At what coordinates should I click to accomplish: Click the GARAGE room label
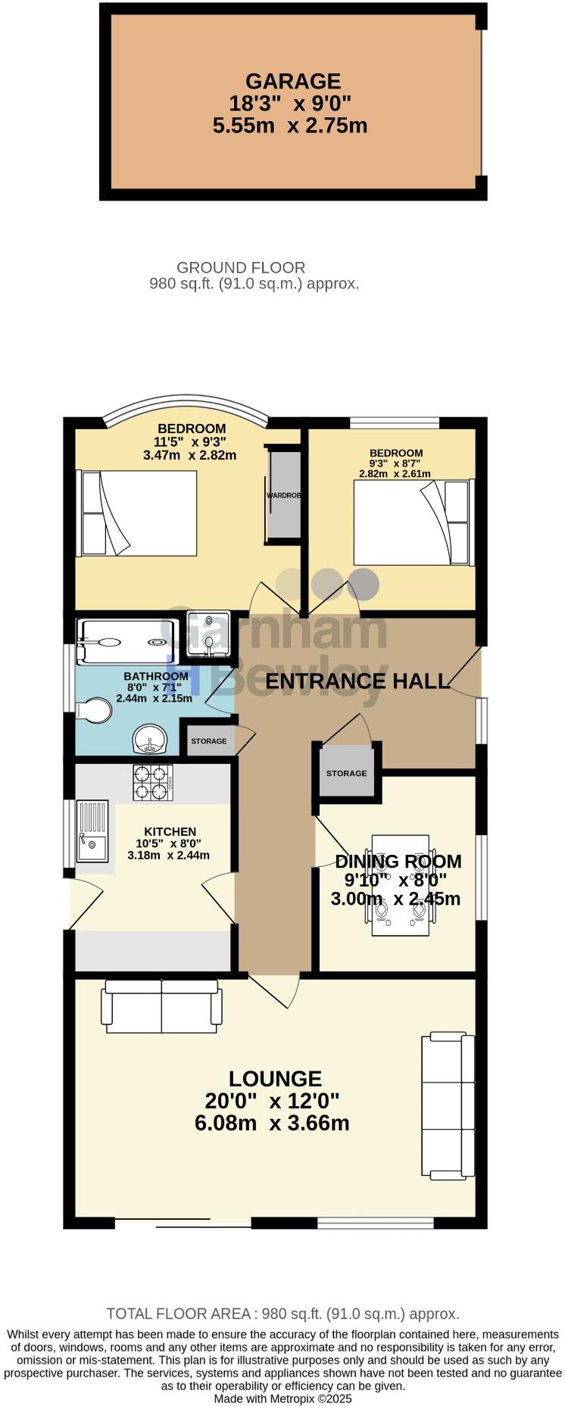coord(292,81)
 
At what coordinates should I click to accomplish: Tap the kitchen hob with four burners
coord(154,783)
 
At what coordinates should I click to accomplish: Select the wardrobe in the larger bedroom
coord(284,495)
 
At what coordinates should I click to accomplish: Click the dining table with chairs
coord(401,885)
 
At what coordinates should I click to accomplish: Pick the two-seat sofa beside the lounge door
coord(162,1006)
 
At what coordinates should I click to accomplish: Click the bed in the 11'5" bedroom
coord(138,513)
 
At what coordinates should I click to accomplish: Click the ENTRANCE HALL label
coord(357,681)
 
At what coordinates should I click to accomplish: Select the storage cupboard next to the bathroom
coord(208,740)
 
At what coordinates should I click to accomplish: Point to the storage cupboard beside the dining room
coord(347,772)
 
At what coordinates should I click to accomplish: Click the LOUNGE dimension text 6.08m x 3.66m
coord(272,1123)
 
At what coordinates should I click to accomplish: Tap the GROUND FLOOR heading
coord(241,267)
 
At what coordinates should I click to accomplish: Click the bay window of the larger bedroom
coord(186,407)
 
